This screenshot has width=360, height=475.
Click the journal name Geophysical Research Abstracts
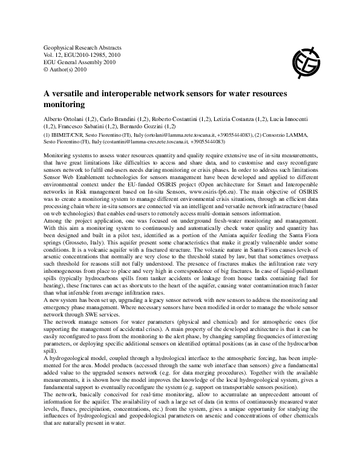pos(82,47)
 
